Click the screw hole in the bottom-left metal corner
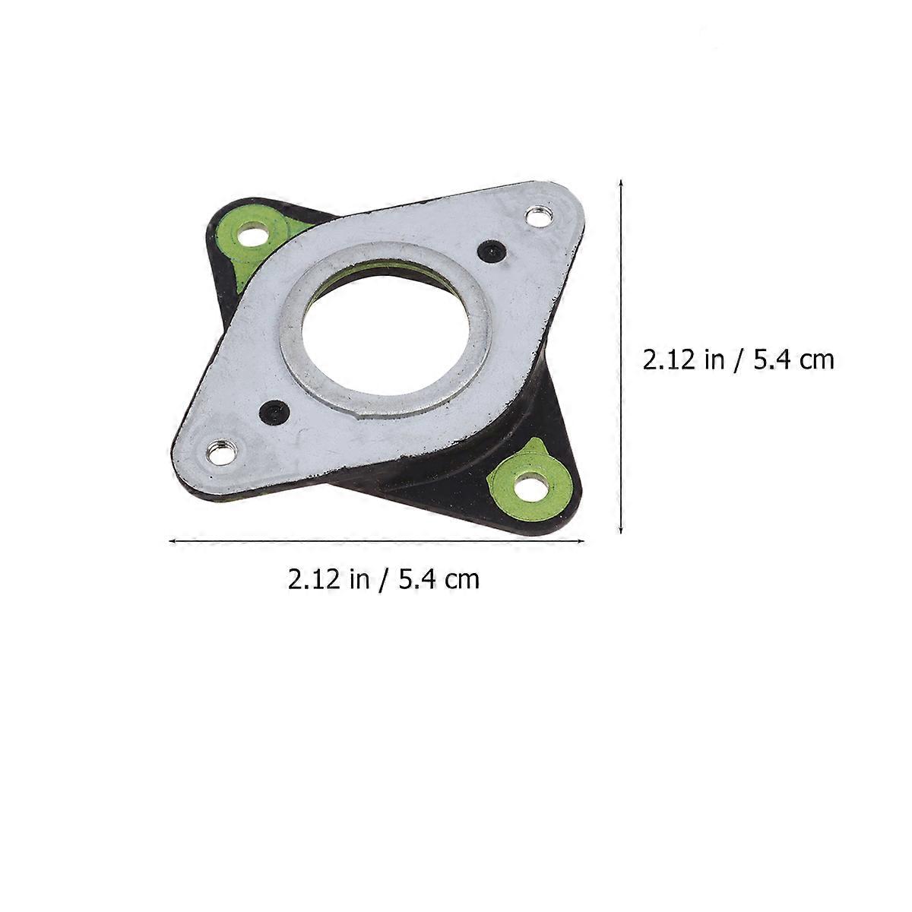[x=221, y=454]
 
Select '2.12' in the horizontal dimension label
[x=314, y=579]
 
